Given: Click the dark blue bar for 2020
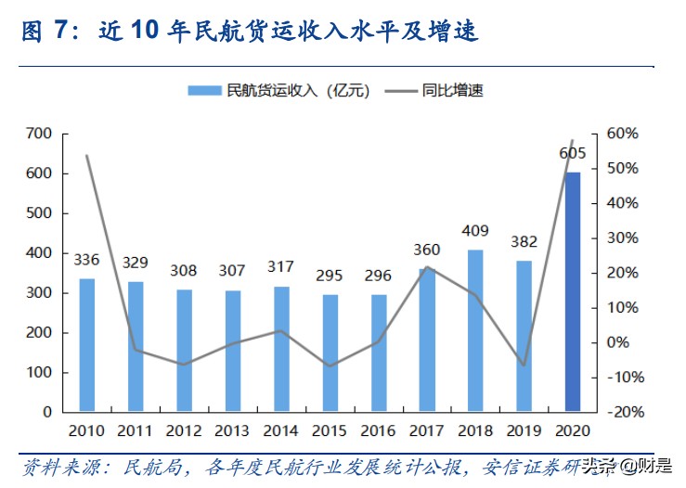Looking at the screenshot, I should [573, 290].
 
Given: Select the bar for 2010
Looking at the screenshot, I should [86, 344].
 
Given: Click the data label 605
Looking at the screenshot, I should [572, 153].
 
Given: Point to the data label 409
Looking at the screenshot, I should [475, 231].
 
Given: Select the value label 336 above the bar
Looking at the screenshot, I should [86, 259].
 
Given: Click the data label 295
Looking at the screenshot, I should [330, 276].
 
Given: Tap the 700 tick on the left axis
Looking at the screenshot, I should [39, 134].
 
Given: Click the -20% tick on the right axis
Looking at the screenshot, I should [622, 412].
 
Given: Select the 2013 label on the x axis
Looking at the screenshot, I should [232, 431].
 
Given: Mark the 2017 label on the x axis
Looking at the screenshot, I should [426, 431].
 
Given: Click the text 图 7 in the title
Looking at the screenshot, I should [45, 32].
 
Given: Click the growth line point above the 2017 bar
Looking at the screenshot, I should [427, 267].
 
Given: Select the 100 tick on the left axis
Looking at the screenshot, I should [39, 372].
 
